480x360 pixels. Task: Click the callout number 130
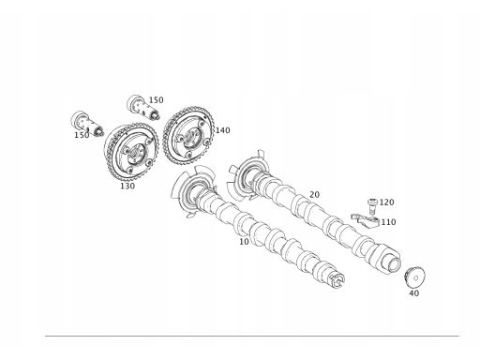click(127, 186)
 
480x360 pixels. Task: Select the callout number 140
click(222, 130)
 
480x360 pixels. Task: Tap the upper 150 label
click(156, 100)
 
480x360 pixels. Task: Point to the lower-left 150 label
click(82, 135)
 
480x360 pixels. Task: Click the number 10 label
click(244, 242)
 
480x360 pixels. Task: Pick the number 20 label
click(315, 195)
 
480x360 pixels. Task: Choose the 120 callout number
click(386, 202)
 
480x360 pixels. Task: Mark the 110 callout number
click(388, 222)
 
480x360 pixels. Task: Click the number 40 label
click(414, 293)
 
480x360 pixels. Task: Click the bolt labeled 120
click(372, 206)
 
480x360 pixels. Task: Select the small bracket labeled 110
click(365, 220)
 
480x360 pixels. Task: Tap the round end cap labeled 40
click(414, 277)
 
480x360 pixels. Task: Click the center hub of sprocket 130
click(136, 155)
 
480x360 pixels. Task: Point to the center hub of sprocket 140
click(189, 138)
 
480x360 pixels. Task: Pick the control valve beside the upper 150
click(143, 108)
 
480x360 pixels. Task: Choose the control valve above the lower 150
click(87, 124)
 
